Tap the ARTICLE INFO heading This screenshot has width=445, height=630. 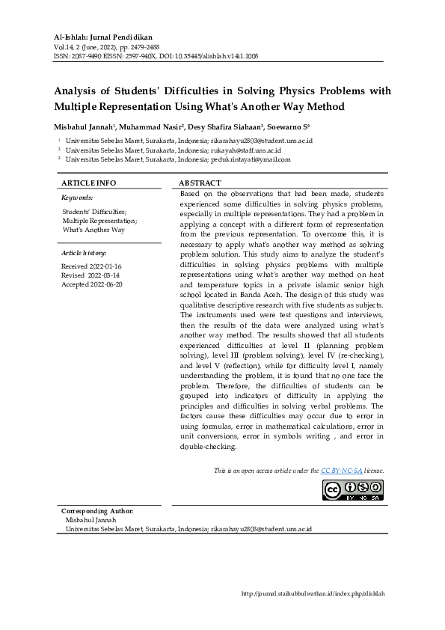click(x=88, y=183)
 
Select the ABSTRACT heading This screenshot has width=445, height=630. click(x=200, y=183)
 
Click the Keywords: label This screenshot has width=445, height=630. click(x=77, y=198)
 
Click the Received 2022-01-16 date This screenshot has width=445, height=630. click(x=91, y=266)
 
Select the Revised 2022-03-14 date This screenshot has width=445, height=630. click(x=91, y=275)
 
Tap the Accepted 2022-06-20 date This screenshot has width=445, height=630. click(x=92, y=284)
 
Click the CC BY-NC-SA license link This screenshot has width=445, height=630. click(x=341, y=470)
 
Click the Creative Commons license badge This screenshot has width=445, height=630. click(x=353, y=489)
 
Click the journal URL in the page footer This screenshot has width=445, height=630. click(x=313, y=593)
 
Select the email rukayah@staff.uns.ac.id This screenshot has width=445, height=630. click(x=246, y=150)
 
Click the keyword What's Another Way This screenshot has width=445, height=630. click(x=93, y=230)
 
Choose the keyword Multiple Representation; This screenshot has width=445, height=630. click(x=99, y=221)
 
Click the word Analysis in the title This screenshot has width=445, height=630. click(x=79, y=92)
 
